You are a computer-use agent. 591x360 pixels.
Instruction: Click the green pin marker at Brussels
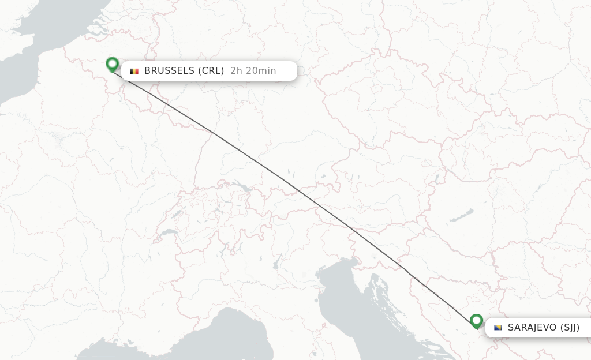coord(113,63)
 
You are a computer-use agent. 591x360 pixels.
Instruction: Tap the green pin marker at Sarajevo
coord(476,320)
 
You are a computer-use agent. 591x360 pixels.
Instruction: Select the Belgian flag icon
coord(134,71)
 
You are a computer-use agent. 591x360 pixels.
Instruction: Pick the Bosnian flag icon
coord(498,328)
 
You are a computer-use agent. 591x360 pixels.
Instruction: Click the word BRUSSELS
coord(169,71)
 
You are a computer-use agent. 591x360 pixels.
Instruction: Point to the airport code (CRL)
coord(211,71)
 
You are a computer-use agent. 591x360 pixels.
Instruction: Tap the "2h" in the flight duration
coord(236,71)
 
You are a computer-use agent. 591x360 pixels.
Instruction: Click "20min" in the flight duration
coord(260,71)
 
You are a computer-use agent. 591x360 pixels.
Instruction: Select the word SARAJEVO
coord(532,328)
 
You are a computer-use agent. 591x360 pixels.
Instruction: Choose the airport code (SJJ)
coord(570,328)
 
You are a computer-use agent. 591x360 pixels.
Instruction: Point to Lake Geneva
coord(168,232)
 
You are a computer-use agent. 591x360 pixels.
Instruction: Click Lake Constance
coord(245,187)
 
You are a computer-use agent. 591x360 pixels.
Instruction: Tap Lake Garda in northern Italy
coord(276,264)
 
